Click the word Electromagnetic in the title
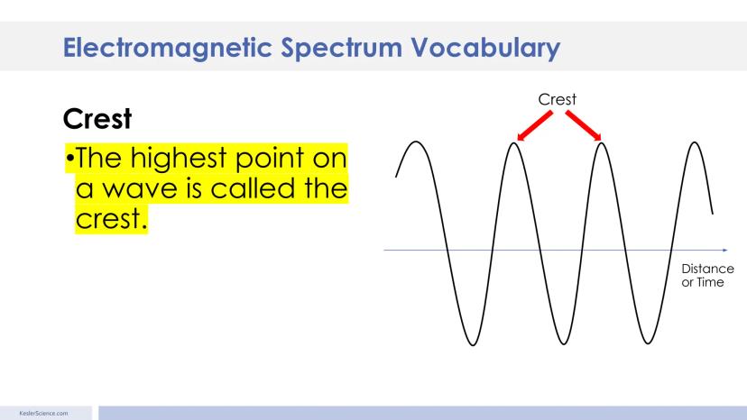tap(167, 48)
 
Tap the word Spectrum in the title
tap(341, 49)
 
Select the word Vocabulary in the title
tap(485, 49)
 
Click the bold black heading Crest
tap(97, 119)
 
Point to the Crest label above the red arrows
tap(557, 99)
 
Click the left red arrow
tap(534, 125)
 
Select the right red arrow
tap(584, 125)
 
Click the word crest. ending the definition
tap(111, 219)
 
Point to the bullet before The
tap(70, 157)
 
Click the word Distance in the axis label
tap(707, 269)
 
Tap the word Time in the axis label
tap(710, 282)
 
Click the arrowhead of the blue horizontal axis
tap(725, 250)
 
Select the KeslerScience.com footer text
tap(43, 414)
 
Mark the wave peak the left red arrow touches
tap(514, 143)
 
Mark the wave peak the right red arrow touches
tap(602, 143)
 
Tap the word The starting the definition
tap(98, 158)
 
